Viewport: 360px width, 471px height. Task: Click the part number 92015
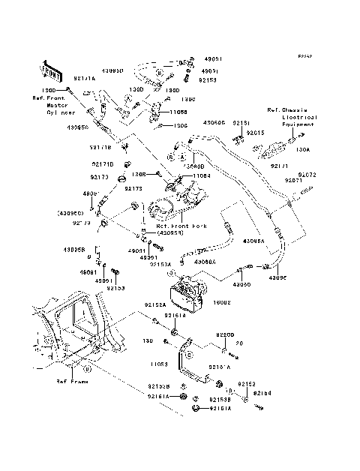(x=256, y=133)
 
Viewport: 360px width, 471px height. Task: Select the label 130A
(x=304, y=150)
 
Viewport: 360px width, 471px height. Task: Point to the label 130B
(x=148, y=174)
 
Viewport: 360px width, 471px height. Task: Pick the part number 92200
(x=226, y=335)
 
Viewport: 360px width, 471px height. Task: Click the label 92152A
(x=153, y=304)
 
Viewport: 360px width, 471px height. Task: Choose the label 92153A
(x=160, y=264)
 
